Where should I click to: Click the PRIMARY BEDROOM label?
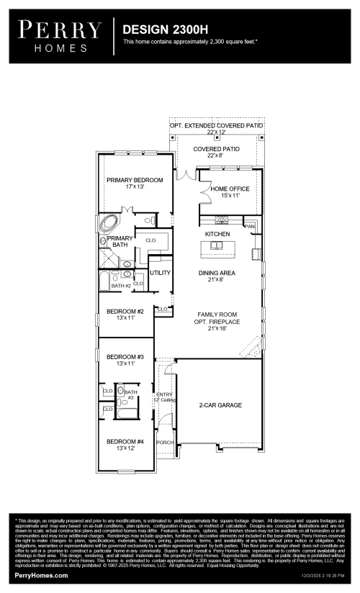[135, 180]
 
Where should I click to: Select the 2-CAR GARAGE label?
[220, 405]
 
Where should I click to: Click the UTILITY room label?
[160, 273]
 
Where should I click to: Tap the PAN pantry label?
[250, 227]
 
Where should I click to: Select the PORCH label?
[165, 443]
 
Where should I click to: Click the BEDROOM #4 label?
[125, 441]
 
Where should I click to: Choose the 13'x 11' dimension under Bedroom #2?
[125, 318]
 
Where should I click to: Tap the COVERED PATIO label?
[216, 149]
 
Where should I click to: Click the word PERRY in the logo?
[60, 30]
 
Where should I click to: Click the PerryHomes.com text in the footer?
[42, 576]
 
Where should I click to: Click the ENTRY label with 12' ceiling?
[165, 394]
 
